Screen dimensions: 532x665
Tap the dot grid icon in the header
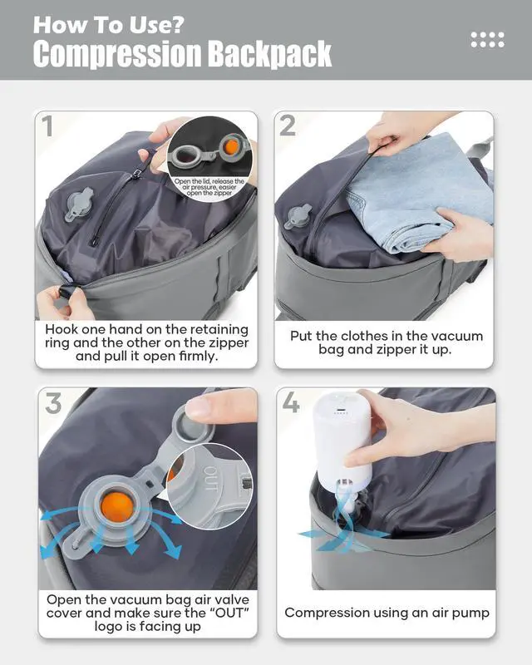click(487, 39)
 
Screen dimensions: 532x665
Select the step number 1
click(47, 126)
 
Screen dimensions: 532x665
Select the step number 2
click(288, 126)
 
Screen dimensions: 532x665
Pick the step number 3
click(53, 403)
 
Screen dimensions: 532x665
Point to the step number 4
click(291, 402)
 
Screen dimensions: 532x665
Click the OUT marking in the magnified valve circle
click(211, 478)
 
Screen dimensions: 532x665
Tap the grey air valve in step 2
click(298, 216)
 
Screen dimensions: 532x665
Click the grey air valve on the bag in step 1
click(78, 204)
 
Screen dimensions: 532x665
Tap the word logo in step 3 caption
click(107, 627)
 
